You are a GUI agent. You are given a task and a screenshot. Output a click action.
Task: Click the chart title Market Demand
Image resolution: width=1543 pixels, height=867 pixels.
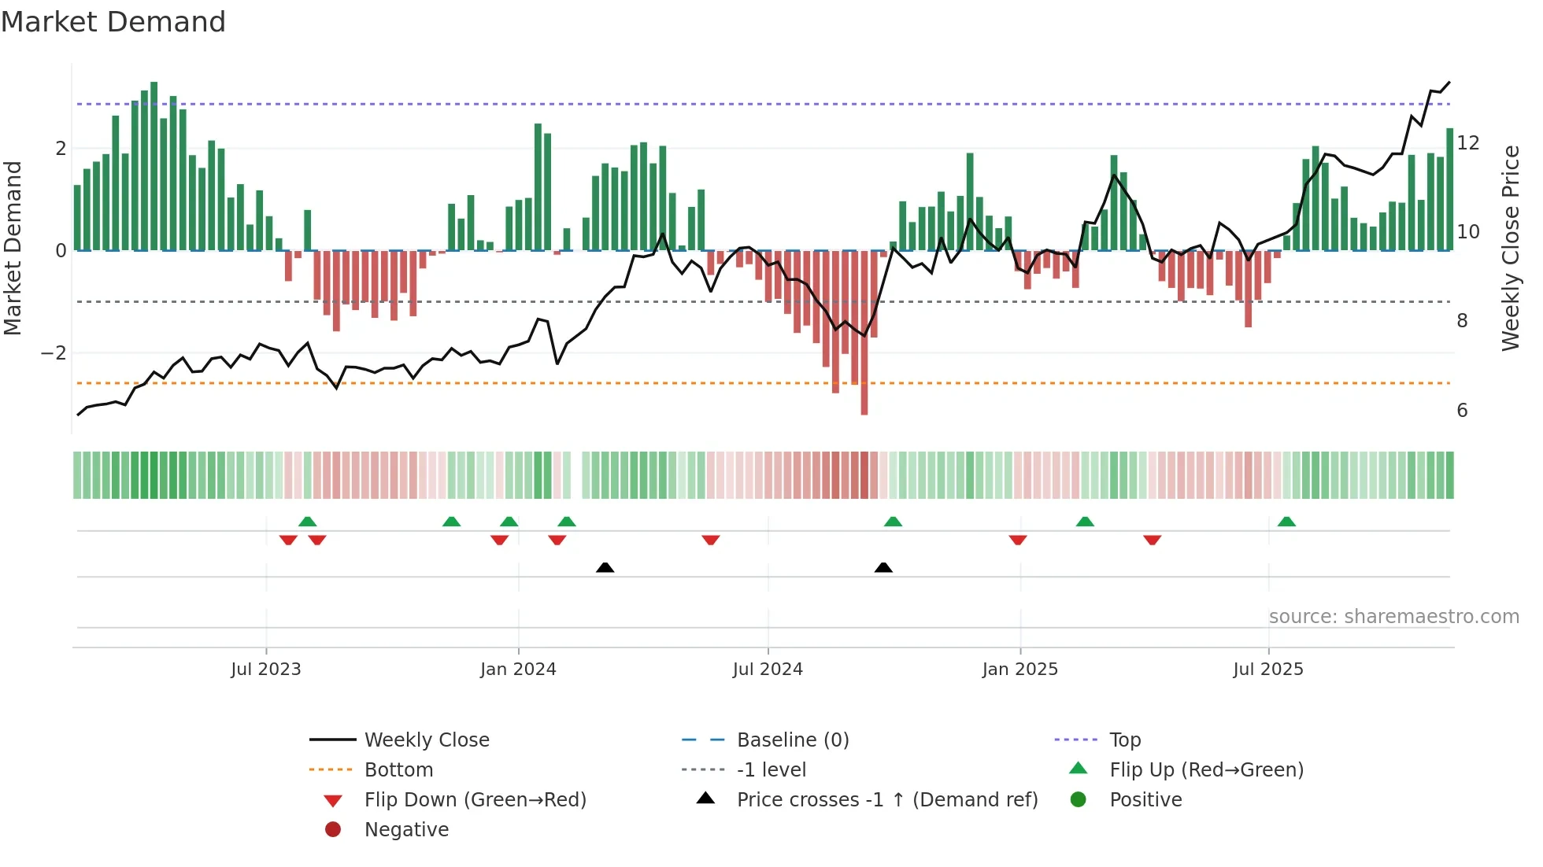(x=113, y=21)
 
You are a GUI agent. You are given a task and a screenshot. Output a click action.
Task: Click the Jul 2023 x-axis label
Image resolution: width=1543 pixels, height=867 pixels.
(x=266, y=669)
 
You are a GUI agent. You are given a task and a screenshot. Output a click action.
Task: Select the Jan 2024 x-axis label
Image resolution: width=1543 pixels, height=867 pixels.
(x=518, y=669)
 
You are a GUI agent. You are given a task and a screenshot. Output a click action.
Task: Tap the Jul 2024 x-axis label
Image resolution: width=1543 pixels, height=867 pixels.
(x=768, y=669)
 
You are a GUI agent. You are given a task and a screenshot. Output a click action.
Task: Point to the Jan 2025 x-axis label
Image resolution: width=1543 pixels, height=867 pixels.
(x=1020, y=669)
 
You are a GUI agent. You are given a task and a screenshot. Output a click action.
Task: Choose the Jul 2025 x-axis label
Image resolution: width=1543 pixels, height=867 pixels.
(x=1268, y=669)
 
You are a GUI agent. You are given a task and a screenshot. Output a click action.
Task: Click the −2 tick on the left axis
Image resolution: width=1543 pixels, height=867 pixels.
(x=54, y=353)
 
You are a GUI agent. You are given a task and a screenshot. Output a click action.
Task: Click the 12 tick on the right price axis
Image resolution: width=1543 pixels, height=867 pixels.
(x=1468, y=143)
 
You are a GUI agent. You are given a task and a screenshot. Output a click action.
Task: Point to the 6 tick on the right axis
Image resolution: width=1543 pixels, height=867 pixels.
(x=1462, y=411)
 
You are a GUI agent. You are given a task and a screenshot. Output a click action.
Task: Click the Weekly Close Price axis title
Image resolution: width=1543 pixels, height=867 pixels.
(x=1510, y=248)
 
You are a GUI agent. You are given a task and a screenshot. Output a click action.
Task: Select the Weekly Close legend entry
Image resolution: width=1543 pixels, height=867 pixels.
(x=426, y=740)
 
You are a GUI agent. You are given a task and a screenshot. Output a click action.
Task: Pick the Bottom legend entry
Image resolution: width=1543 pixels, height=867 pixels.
(x=398, y=769)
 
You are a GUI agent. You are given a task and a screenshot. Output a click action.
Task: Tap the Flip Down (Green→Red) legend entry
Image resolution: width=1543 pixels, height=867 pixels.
(x=475, y=799)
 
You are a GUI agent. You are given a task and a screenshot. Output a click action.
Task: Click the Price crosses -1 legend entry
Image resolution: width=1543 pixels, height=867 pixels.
(x=887, y=799)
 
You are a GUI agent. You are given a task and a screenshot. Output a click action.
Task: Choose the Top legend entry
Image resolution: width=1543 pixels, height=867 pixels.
(x=1125, y=740)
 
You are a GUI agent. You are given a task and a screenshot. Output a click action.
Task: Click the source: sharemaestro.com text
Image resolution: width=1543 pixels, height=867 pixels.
(x=1393, y=616)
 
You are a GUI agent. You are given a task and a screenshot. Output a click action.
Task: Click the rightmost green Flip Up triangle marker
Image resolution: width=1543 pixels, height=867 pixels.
(x=1286, y=522)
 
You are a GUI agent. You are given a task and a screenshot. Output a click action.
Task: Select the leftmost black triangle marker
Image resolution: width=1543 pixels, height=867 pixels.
(x=605, y=567)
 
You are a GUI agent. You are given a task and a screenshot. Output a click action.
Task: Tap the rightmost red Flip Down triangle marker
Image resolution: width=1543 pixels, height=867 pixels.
(x=1153, y=540)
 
